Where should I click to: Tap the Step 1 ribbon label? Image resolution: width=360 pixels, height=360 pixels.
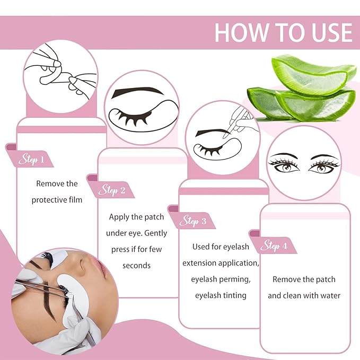click(31, 159)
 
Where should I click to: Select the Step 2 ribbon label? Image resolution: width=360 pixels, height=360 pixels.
click(112, 189)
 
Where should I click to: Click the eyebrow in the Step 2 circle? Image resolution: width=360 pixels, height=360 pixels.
click(132, 91)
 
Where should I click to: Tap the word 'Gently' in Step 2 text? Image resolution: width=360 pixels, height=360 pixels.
click(154, 233)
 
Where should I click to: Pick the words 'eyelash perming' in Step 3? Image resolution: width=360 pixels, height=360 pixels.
click(221, 279)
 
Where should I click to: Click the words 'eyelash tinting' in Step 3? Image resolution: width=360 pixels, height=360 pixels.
click(221, 295)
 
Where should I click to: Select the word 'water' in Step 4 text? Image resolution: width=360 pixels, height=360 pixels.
click(328, 295)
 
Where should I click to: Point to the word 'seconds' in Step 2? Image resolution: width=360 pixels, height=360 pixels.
click(136, 265)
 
